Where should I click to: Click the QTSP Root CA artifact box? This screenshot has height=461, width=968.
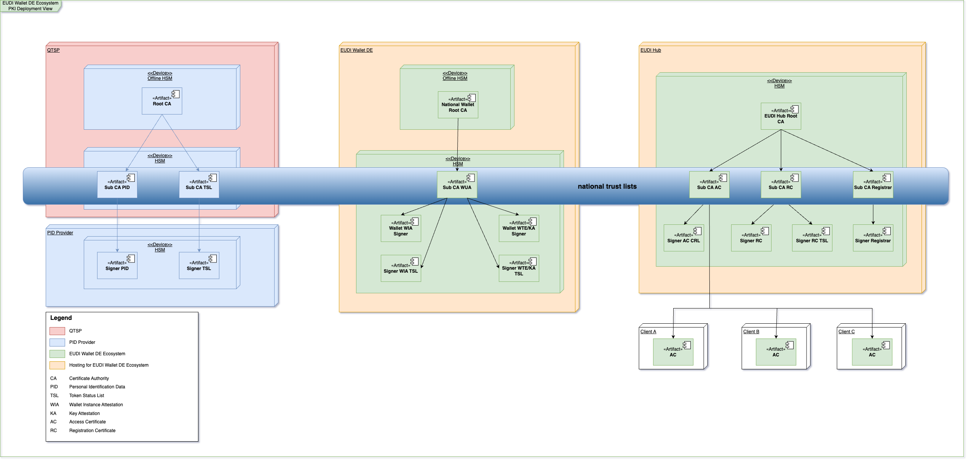(162, 101)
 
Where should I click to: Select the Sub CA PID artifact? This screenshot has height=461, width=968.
(117, 184)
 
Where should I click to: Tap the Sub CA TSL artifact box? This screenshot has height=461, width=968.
(199, 184)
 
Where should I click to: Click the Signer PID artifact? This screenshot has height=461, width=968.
(117, 265)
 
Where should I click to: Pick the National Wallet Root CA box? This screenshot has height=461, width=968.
(458, 105)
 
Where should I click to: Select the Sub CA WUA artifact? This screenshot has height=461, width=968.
(457, 184)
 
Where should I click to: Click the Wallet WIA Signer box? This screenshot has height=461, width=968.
(401, 228)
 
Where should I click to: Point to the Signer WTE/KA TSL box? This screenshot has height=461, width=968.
(519, 268)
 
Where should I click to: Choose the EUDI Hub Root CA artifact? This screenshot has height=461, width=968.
(781, 116)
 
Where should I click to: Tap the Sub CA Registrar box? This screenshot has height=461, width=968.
(873, 184)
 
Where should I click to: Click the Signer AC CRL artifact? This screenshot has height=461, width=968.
(684, 238)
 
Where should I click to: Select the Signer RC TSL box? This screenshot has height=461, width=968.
(812, 238)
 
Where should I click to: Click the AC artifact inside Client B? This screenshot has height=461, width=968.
(776, 352)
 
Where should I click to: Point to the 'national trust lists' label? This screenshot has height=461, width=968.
(607, 186)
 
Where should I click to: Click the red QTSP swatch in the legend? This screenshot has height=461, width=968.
(57, 331)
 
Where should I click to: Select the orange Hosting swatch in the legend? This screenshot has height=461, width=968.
(57, 365)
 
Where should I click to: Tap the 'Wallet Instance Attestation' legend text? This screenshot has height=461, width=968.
(96, 405)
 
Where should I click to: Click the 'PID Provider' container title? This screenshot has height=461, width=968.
(60, 233)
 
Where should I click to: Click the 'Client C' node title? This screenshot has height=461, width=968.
(847, 332)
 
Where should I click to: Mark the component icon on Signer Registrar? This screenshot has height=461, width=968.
(887, 231)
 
